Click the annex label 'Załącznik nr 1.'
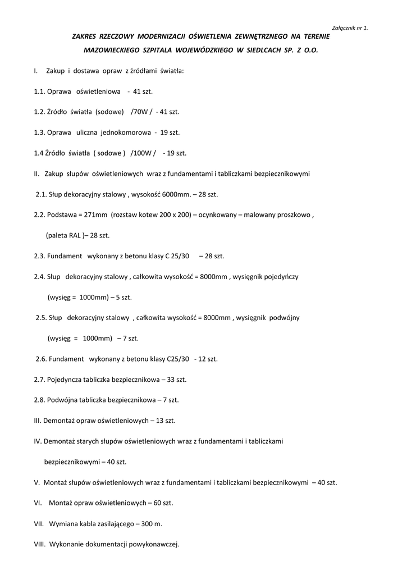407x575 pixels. coord(350,28)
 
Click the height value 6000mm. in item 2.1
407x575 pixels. coord(177,194)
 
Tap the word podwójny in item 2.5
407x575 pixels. coord(285,318)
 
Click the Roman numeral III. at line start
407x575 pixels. coord(38,421)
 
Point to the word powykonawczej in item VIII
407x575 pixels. coord(154,544)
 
